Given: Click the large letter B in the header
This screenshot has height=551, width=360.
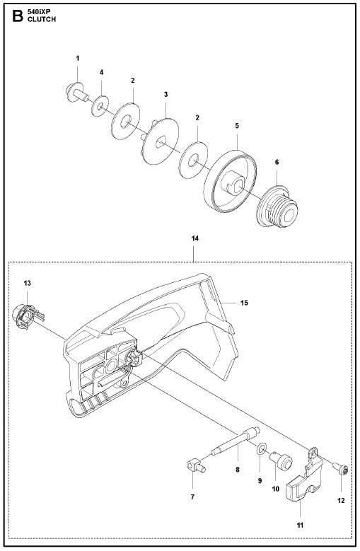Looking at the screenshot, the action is pos(18,16).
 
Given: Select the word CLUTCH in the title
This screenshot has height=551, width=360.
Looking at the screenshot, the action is pos(42,20).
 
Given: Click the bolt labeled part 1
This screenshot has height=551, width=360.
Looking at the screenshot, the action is pos(76,93).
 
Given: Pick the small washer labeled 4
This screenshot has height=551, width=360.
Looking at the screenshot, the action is pos(100,106).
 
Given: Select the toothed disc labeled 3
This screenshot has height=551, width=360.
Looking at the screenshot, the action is pos(160,141).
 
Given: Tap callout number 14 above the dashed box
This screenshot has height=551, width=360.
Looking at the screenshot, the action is pos(195,238).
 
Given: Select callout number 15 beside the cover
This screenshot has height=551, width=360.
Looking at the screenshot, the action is pos(244,303).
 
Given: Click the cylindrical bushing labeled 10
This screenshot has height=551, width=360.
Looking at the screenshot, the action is pos(281,460).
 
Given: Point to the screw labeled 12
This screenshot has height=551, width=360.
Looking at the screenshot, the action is pos(340,468).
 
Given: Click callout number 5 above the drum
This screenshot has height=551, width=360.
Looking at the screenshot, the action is pos(237,126).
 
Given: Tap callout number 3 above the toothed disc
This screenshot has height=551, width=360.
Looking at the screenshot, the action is pos(166,94).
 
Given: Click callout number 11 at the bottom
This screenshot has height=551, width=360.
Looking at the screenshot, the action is pos(300,526).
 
